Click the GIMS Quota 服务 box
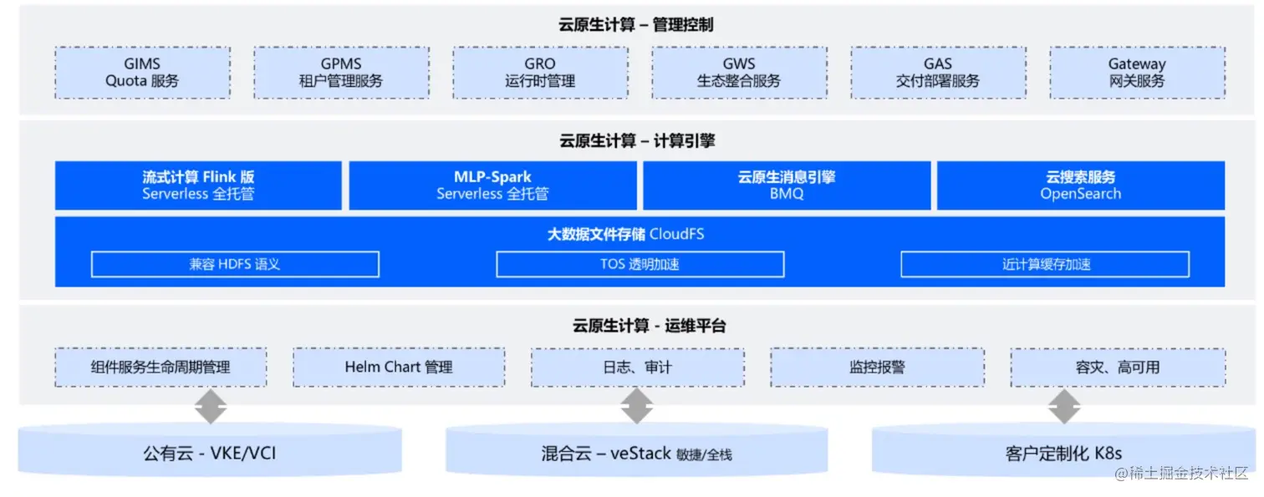(x=142, y=73)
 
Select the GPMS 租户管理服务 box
(x=341, y=73)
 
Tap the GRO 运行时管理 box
(x=540, y=73)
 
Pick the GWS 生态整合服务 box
(x=739, y=73)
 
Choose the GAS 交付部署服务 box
(x=938, y=73)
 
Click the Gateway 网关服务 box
(x=1137, y=73)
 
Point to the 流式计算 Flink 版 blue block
(x=198, y=185)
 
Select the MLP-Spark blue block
(x=492, y=185)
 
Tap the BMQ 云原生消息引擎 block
(x=787, y=185)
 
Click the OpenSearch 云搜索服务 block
(x=1080, y=185)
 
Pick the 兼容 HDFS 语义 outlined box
(x=235, y=264)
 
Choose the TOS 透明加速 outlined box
(x=640, y=264)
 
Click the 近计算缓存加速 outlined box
(x=1045, y=264)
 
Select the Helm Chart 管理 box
(x=399, y=367)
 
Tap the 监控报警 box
(x=877, y=367)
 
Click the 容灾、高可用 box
(x=1118, y=367)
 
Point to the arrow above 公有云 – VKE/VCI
(x=210, y=407)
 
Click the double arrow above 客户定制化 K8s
(x=1063, y=407)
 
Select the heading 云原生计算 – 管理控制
(x=636, y=25)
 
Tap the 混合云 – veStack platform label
(x=636, y=454)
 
